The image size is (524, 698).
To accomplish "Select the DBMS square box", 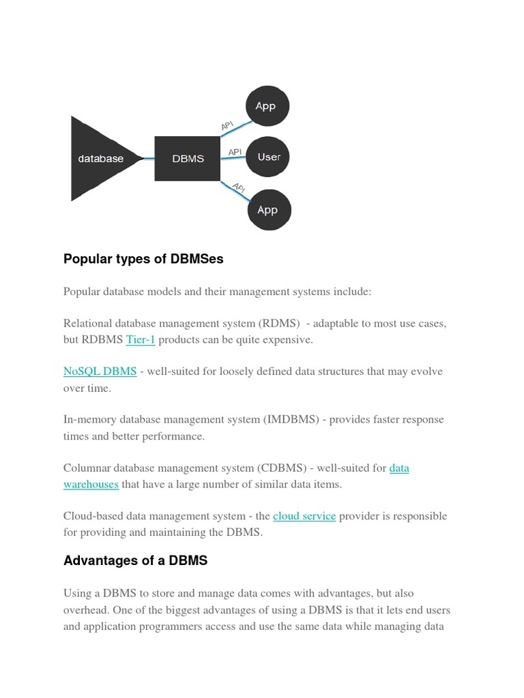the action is [188, 159].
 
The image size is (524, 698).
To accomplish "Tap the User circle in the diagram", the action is [268, 157].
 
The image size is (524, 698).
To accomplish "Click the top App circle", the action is [267, 106].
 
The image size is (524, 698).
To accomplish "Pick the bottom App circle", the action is [268, 210].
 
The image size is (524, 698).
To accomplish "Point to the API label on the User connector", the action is [235, 152].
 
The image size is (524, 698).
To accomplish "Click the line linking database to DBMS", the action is [148, 160].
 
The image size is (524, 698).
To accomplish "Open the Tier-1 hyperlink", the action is [141, 339].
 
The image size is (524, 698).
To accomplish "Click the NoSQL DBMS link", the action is [100, 371].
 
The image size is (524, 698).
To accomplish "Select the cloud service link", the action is [304, 516].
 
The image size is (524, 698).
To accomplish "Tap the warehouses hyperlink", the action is [91, 484].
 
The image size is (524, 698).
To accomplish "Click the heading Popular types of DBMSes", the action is [143, 259].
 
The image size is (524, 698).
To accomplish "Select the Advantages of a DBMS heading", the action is [135, 561].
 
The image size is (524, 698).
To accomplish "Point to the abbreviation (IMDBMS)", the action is [291, 420].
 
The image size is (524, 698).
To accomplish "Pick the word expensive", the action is [288, 339].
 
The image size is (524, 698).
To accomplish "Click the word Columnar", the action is [87, 468].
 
